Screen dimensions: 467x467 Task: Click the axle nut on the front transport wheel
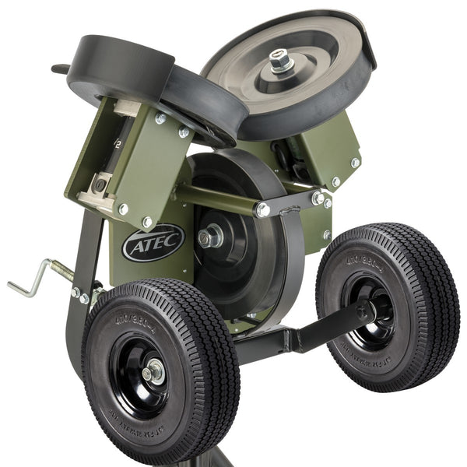(153, 373)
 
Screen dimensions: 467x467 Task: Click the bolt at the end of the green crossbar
(262, 209)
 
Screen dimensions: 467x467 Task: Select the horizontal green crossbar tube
(218, 199)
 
